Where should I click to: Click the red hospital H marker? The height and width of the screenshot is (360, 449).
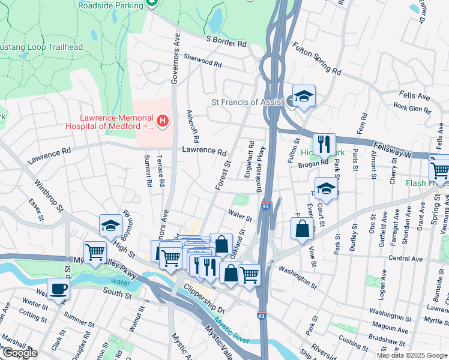[x=164, y=121]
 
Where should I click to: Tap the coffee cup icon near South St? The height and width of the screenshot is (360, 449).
[x=58, y=289]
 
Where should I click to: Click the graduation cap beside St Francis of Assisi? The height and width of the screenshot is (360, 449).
[x=304, y=96]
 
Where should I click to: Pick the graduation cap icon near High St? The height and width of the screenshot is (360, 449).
[x=110, y=226]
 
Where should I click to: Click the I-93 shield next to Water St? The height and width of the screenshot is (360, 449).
[x=266, y=206]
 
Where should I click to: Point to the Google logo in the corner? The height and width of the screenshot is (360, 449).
[x=19, y=353]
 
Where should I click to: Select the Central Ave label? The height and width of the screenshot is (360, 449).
[x=405, y=259]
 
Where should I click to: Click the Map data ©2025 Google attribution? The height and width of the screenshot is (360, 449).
[x=412, y=355]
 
